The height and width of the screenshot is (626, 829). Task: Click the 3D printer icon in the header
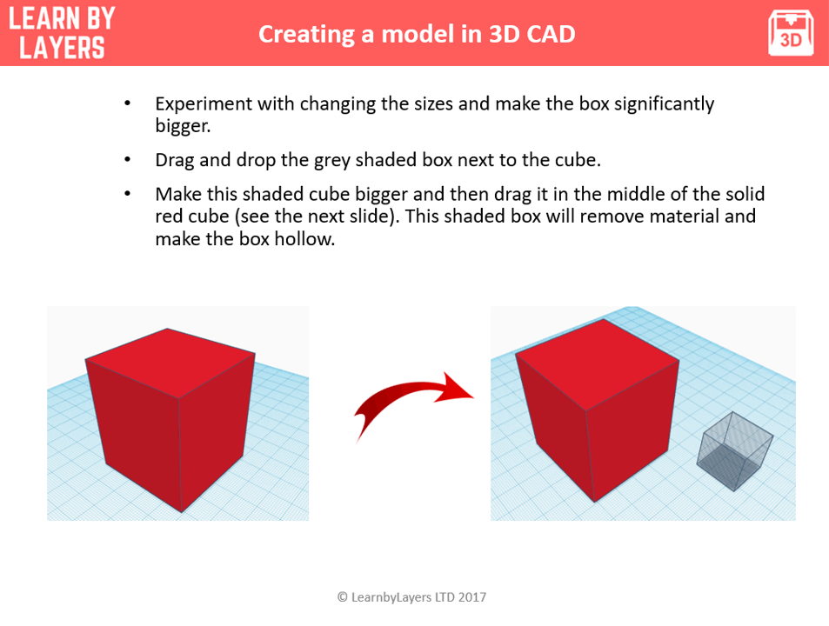(x=790, y=33)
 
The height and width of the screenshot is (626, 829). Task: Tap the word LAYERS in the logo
(x=62, y=47)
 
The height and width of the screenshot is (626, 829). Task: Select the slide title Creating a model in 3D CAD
(x=416, y=34)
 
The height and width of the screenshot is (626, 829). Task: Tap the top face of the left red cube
(x=170, y=362)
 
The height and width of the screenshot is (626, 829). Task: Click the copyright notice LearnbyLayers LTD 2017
(x=411, y=597)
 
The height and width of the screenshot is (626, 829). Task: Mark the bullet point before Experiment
(x=128, y=104)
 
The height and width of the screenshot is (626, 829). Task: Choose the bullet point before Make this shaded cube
(x=128, y=194)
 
